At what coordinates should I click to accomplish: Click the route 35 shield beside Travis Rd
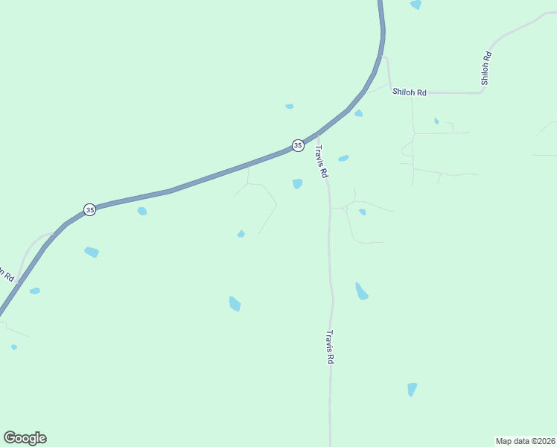click(x=298, y=145)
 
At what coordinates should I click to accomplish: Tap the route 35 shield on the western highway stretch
click(x=89, y=210)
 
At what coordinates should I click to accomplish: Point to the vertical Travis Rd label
click(x=329, y=347)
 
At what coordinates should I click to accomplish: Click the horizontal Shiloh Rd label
click(x=410, y=92)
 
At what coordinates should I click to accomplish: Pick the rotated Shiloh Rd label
click(x=486, y=68)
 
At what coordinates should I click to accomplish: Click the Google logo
click(x=25, y=438)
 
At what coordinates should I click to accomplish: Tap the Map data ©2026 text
click(x=525, y=440)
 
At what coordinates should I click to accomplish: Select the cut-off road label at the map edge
click(x=7, y=273)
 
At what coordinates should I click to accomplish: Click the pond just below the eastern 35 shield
click(x=298, y=183)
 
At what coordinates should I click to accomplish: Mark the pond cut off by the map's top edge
click(x=416, y=4)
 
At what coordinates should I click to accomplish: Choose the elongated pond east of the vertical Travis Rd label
click(x=361, y=291)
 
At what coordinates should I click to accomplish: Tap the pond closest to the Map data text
click(x=412, y=389)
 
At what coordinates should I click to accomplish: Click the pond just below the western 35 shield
click(x=142, y=212)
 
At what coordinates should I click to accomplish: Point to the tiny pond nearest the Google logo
click(x=13, y=347)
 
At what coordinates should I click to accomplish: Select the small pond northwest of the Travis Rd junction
click(x=289, y=107)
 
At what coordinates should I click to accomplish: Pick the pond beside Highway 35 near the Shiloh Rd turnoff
click(x=358, y=113)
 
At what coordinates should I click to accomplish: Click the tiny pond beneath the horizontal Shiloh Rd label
click(x=436, y=121)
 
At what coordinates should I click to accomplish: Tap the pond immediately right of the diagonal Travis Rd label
click(x=343, y=158)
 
